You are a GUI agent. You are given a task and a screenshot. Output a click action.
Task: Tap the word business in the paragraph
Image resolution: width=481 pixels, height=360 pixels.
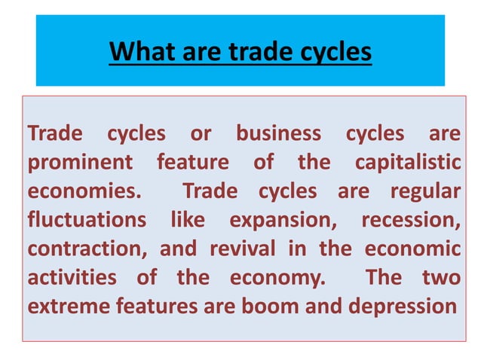point(278,135)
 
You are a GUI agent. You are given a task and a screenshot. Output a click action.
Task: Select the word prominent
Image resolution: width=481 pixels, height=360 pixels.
point(80,163)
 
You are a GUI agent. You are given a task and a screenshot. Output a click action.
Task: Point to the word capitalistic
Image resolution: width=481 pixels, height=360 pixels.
point(406,163)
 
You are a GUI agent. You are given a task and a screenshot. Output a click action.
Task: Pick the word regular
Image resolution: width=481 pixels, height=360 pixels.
point(424,191)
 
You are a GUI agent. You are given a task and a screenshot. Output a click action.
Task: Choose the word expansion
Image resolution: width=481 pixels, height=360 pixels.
point(285,220)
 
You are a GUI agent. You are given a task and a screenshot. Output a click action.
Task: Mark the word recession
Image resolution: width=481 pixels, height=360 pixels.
point(411,220)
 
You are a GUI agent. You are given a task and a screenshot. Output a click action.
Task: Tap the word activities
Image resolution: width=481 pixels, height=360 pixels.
point(71,277)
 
